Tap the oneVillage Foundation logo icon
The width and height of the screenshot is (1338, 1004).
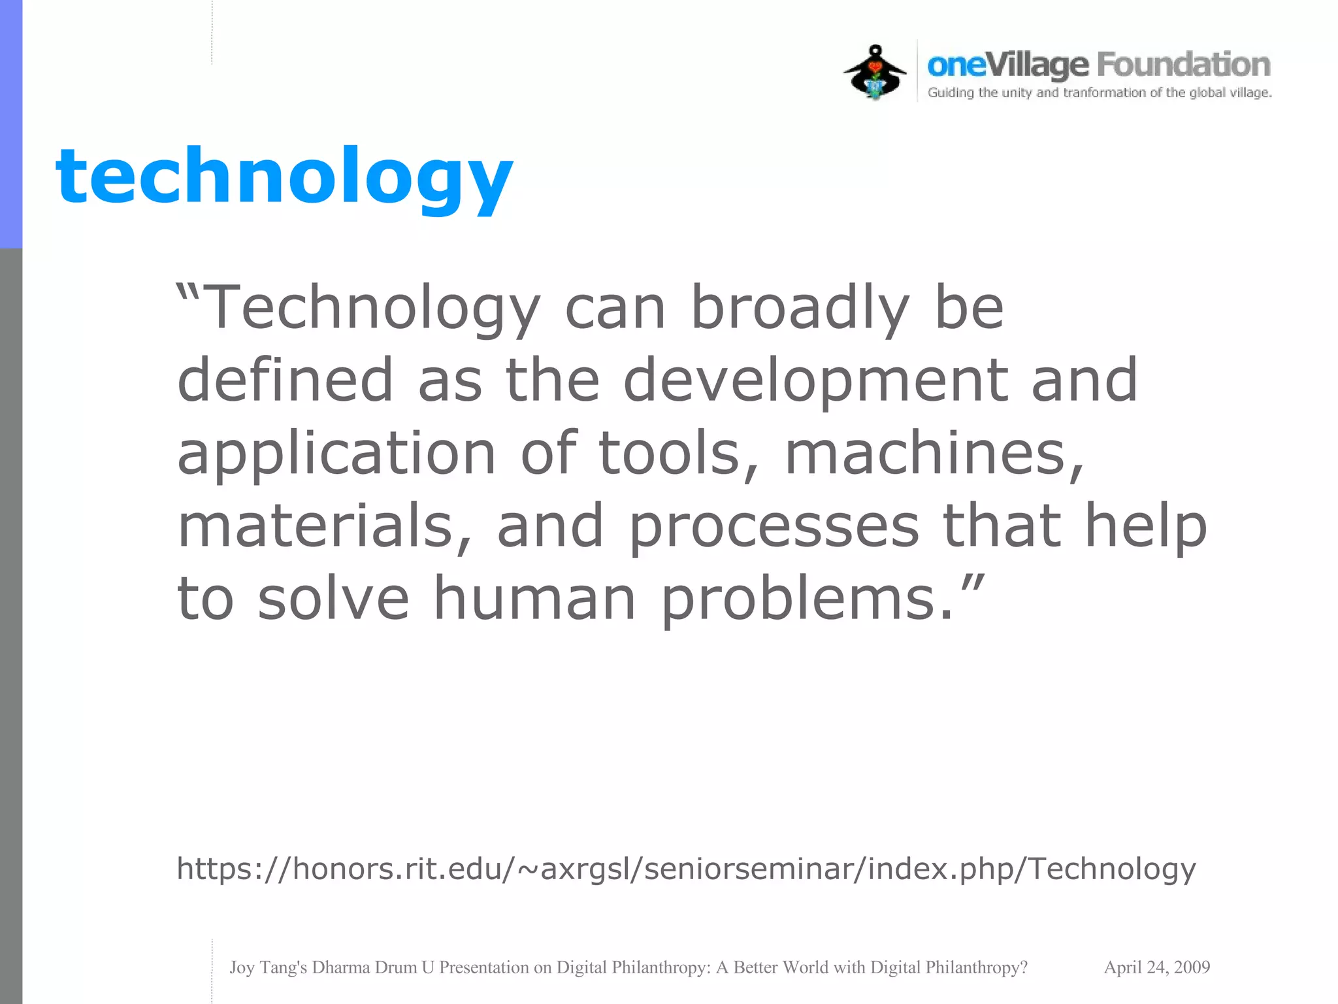(875, 73)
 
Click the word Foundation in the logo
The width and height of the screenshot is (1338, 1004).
(1183, 65)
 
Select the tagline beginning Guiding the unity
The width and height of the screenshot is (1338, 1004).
(1100, 93)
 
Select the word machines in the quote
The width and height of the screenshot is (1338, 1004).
(934, 454)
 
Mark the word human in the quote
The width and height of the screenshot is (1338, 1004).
(534, 599)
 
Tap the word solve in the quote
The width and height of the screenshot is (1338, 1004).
(333, 599)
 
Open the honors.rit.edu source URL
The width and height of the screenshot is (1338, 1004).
(686, 869)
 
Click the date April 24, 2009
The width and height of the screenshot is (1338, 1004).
(1156, 967)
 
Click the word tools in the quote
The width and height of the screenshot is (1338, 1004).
(679, 454)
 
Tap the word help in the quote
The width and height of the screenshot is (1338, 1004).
(1145, 527)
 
